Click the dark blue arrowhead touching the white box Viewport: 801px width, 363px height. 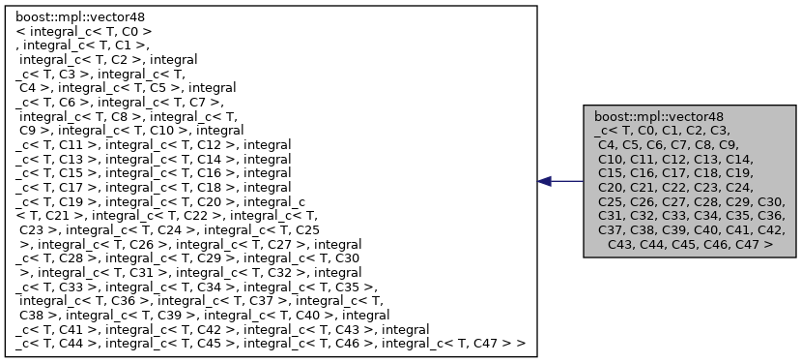(x=545, y=181)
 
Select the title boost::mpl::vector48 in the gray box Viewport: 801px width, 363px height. (x=658, y=114)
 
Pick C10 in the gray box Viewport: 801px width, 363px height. (x=612, y=158)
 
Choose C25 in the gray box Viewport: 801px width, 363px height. (x=612, y=201)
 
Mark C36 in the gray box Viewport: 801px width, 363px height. (x=771, y=216)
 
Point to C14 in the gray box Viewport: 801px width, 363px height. (x=762, y=158)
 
